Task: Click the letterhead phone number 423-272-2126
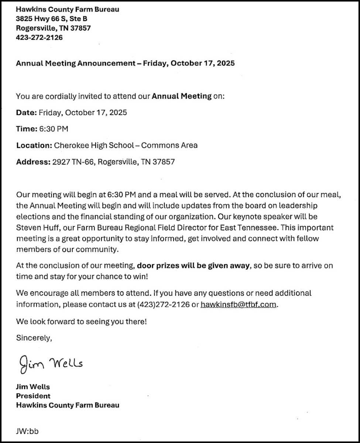click(39, 37)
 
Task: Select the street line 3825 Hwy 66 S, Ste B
click(51, 18)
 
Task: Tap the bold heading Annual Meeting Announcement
click(76, 63)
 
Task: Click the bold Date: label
click(26, 113)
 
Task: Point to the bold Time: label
click(27, 129)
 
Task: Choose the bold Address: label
click(32, 161)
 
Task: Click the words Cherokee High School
click(94, 145)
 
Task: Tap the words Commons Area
click(169, 145)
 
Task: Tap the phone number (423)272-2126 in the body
click(163, 305)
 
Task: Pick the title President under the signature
click(33, 396)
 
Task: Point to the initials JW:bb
click(27, 430)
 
